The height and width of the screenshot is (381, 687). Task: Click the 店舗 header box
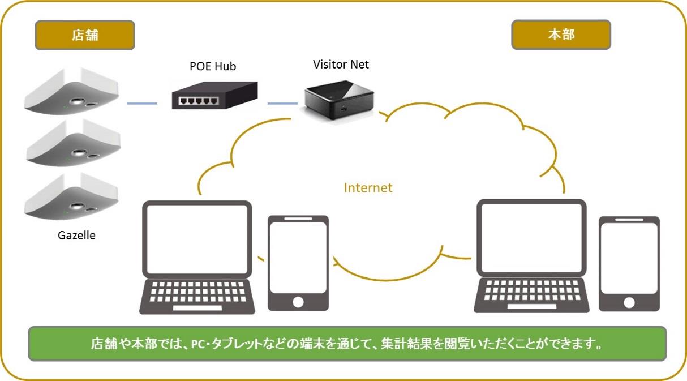85,35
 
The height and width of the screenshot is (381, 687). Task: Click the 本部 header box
561,35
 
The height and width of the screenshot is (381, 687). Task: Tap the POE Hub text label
213,66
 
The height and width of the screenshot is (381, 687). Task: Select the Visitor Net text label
341,65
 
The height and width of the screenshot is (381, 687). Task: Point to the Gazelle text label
76,236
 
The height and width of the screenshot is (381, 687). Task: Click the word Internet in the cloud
368,188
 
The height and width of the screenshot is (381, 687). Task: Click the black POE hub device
214,95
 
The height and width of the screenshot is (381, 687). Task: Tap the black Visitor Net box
339,100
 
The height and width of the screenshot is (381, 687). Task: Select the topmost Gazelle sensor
72,91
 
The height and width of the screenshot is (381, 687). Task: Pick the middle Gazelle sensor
74,143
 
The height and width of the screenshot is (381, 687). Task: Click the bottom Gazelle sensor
71,196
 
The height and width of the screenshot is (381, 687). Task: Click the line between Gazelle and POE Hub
142,104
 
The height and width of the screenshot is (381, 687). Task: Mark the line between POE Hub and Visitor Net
282,104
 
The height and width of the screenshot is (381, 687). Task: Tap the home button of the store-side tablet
298,302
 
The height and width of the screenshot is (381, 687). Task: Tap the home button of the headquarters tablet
629,303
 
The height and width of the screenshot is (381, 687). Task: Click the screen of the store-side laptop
197,239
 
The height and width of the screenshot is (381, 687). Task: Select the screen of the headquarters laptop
531,238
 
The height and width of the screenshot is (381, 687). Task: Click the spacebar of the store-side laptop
197,308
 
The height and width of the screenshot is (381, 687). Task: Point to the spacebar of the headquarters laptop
531,306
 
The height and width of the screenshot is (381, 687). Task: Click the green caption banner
347,344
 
